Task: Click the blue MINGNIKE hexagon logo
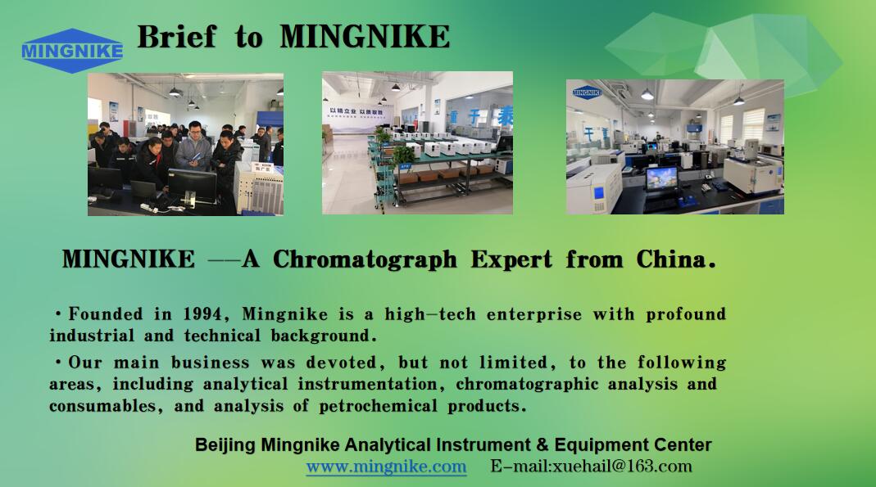click(x=72, y=51)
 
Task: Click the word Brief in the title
click(x=176, y=37)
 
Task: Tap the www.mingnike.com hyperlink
click(x=386, y=467)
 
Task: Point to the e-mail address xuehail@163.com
click(x=622, y=466)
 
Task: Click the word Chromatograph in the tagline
click(x=365, y=260)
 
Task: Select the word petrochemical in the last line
click(x=379, y=406)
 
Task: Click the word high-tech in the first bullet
click(x=430, y=314)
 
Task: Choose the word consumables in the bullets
click(x=102, y=406)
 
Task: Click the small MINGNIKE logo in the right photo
click(x=587, y=92)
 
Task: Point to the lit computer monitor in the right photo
click(x=661, y=179)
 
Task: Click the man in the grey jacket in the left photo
click(x=193, y=147)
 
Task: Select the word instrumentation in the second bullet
click(x=367, y=385)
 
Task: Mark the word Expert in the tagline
click(x=511, y=260)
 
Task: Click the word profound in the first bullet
click(x=686, y=314)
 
